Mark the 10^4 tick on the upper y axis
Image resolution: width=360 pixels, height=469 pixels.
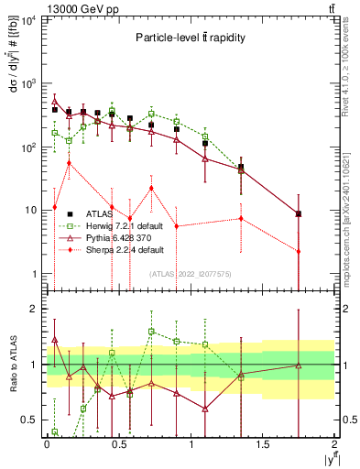[28, 20]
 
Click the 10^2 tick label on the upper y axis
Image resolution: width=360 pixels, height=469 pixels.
[28, 147]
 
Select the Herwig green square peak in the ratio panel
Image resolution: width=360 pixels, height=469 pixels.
[151, 332]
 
